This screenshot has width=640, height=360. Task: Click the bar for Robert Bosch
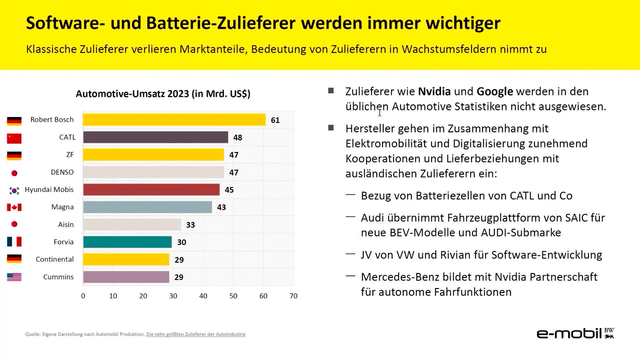pos(174,120)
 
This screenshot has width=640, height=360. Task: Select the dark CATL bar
pos(156,137)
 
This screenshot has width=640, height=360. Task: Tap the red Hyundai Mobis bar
pos(151,190)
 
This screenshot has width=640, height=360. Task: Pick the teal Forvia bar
pos(127,242)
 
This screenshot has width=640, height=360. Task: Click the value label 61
pos(275,120)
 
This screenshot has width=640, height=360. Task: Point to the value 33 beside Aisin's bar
pos(191,225)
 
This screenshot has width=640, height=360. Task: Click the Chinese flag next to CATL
pos(14,138)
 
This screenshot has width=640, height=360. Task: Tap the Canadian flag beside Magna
pos(14,207)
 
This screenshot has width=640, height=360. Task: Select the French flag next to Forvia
pos(14,242)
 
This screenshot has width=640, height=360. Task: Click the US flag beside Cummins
pos(14,277)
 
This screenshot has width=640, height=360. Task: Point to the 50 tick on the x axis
pos(233,296)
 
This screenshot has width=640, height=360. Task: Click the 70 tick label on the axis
pos(293,296)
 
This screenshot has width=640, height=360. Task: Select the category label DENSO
pos(62,172)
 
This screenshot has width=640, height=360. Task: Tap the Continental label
pos(55,259)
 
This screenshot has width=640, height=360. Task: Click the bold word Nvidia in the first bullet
pos(434,91)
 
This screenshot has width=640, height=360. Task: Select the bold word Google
pos(495,92)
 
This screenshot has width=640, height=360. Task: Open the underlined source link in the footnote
pos(196,334)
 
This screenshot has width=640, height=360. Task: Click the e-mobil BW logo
pos(575,333)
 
